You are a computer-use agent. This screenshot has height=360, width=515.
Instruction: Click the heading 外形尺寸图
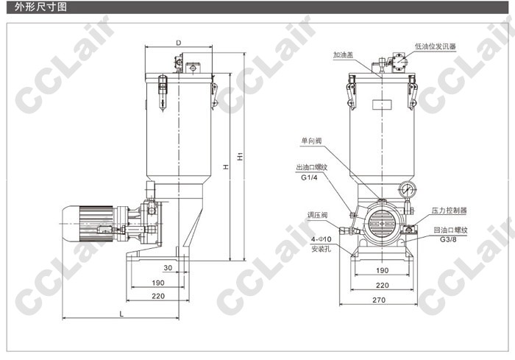(x=40, y=7)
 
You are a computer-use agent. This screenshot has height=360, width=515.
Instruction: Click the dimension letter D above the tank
(x=179, y=43)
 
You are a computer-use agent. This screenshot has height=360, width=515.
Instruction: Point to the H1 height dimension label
(x=241, y=156)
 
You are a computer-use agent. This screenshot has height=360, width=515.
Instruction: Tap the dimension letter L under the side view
(x=121, y=314)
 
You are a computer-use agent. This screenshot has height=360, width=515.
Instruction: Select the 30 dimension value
(x=168, y=268)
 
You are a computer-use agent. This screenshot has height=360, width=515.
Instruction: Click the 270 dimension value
(x=379, y=300)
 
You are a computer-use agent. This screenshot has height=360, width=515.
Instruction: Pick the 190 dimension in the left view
(x=158, y=283)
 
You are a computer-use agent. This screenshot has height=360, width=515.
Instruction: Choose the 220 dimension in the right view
(x=383, y=286)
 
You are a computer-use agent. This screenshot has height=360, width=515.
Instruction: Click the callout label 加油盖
(x=344, y=55)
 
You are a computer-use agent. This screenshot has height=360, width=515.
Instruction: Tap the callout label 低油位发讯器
(x=436, y=46)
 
